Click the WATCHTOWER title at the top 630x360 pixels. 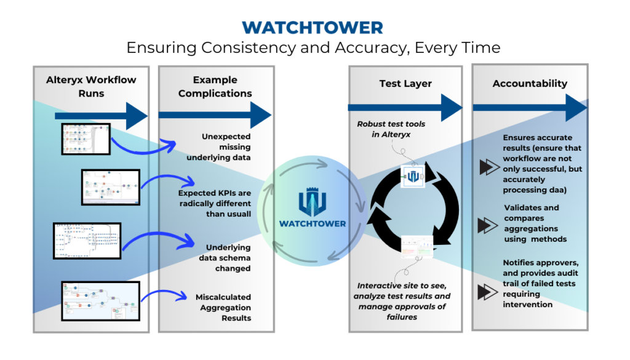(313, 27)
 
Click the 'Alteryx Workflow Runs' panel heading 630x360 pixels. (91, 86)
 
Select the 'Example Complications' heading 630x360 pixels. (214, 86)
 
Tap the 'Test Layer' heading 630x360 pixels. (405, 83)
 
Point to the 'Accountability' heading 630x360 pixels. (530, 83)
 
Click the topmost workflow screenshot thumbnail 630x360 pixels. (86, 139)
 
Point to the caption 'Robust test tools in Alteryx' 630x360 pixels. (391, 129)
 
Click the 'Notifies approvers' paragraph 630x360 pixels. (540, 283)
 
